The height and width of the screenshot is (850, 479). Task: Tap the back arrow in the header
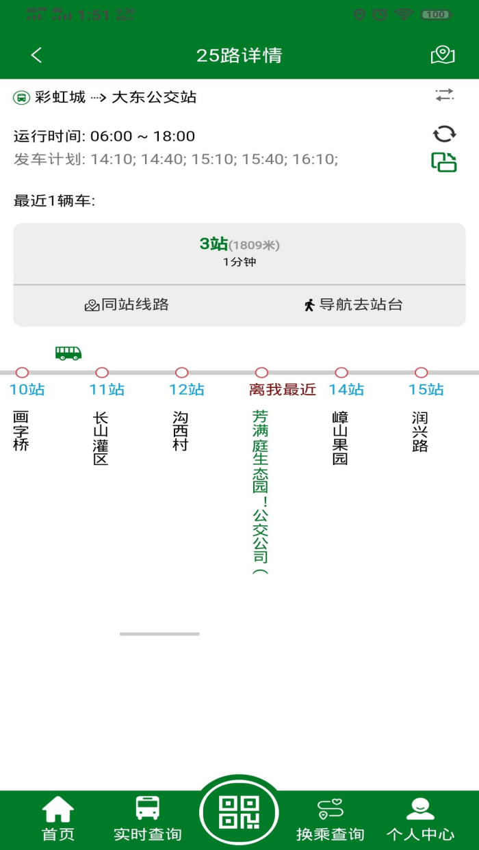37,55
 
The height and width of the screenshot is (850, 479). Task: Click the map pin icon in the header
443,55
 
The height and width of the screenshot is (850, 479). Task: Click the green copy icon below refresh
444,162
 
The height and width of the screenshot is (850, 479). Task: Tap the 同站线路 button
127,305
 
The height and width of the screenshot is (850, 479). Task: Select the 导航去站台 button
353,305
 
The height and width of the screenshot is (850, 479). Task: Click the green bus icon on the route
68,353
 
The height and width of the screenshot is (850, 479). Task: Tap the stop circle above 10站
22,373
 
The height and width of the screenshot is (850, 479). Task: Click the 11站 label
107,390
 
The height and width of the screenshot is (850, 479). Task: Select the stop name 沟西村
181,431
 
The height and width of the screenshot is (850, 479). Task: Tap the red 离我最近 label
283,390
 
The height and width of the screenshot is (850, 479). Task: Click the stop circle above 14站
341,373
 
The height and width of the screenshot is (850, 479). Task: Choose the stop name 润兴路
419,431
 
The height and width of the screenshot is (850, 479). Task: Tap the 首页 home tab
58,819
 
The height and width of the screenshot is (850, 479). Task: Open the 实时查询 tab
147,819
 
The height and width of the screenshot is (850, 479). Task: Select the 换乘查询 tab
330,819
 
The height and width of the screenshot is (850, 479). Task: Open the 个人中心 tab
420,819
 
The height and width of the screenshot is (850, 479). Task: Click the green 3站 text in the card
213,244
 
